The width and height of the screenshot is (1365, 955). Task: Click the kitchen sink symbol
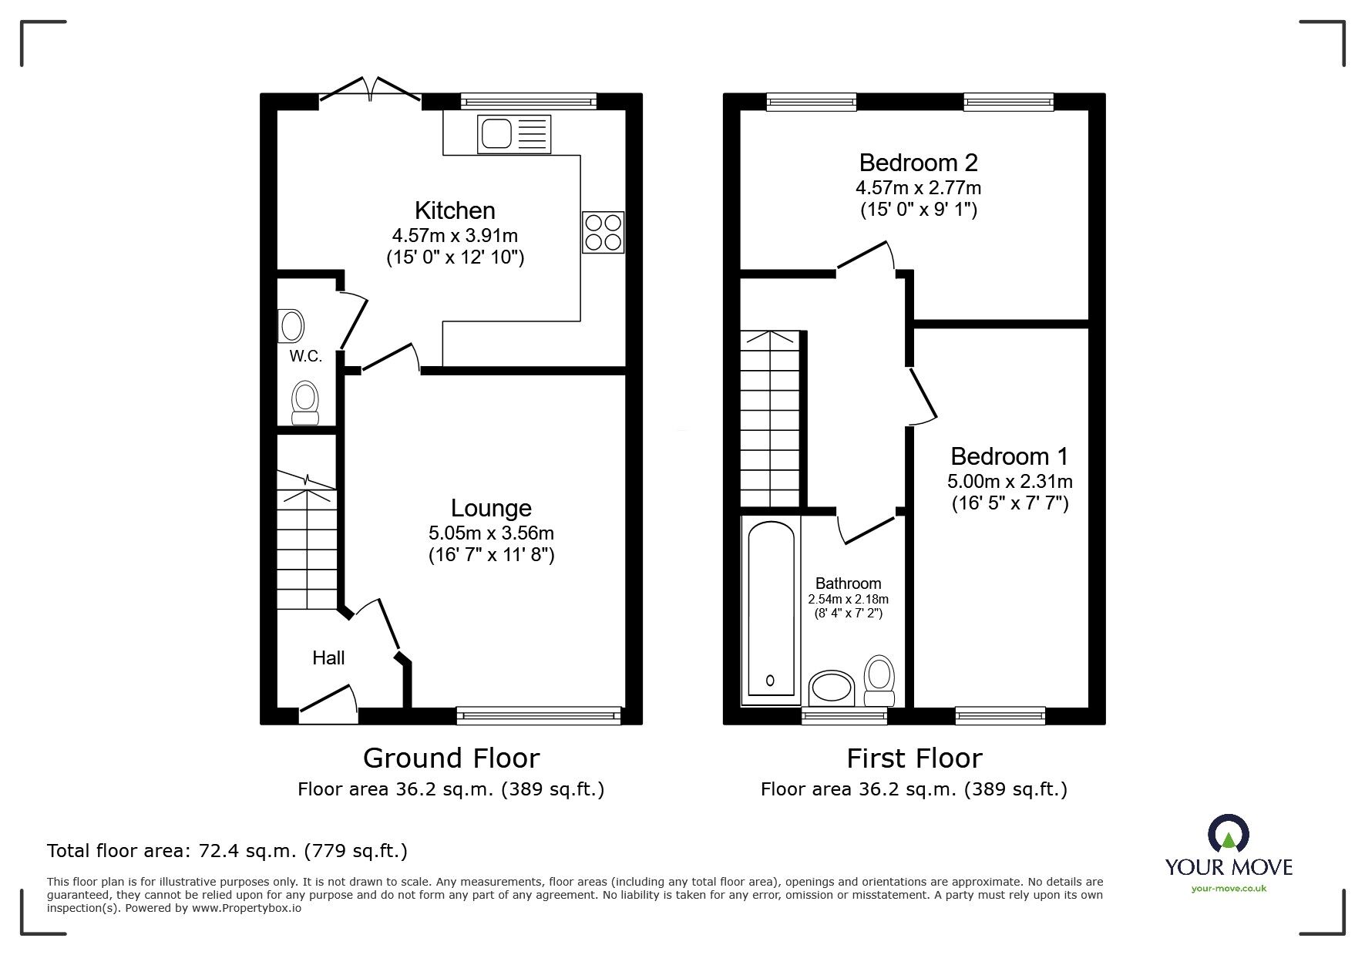tap(514, 134)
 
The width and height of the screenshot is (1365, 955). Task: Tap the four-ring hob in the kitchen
tap(603, 232)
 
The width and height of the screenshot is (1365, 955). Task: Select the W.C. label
tap(305, 356)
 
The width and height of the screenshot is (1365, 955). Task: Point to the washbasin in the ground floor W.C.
tap(291, 326)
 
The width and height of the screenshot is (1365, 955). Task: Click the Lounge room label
tap(491, 508)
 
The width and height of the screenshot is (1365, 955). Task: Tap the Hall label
tap(328, 657)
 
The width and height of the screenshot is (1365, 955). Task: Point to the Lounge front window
tap(538, 715)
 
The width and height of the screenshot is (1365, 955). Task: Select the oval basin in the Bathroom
tap(832, 688)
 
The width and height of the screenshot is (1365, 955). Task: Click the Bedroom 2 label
tap(918, 163)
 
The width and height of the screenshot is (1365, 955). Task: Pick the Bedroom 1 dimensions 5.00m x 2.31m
tap(1009, 482)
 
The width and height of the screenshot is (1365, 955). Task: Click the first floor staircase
tap(771, 420)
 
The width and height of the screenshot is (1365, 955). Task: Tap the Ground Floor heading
tap(451, 758)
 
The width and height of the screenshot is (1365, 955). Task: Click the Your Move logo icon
tap(1229, 834)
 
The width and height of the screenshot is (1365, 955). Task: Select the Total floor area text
tap(227, 851)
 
